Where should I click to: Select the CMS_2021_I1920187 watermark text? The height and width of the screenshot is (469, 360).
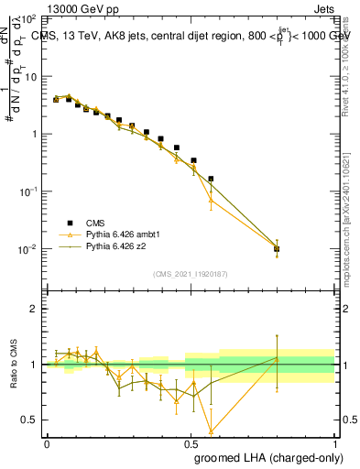click(x=190, y=274)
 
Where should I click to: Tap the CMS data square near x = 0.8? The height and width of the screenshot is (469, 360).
click(x=277, y=248)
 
